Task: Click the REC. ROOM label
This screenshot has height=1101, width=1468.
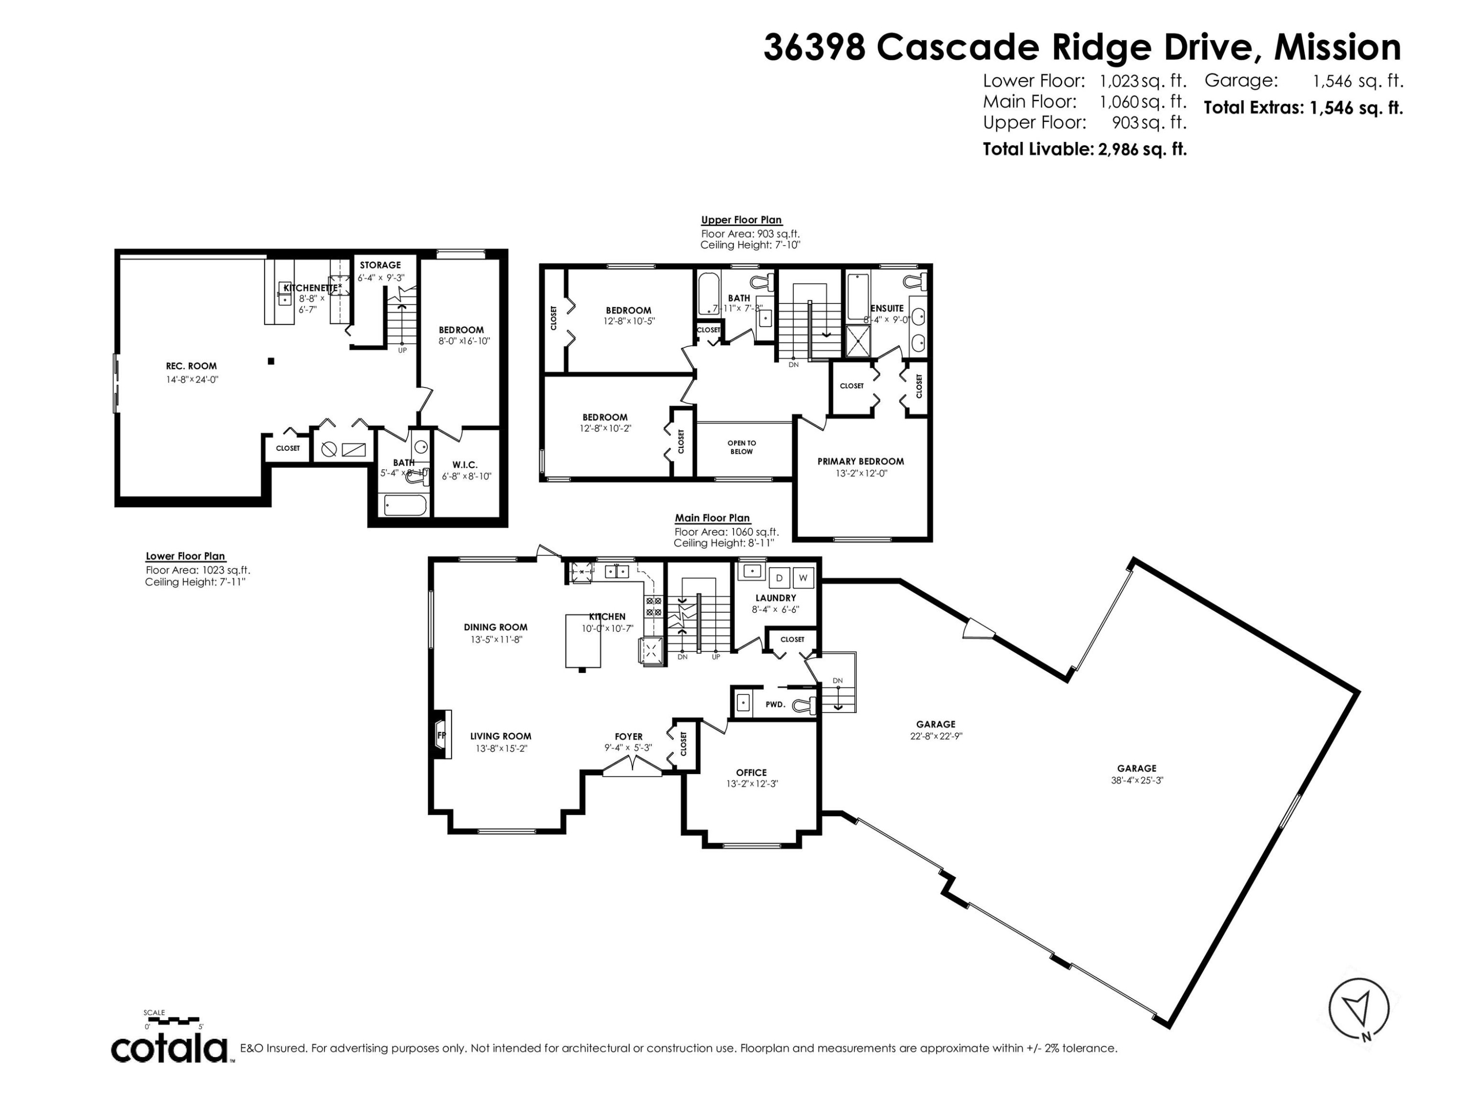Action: click(x=191, y=366)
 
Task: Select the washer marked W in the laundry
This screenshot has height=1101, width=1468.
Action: click(x=803, y=578)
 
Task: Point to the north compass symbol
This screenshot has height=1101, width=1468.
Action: click(x=1358, y=1009)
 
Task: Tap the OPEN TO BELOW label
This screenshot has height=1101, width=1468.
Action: click(x=741, y=447)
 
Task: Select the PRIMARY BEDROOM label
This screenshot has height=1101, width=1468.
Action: click(x=860, y=461)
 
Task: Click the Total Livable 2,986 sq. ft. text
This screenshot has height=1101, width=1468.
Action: click(x=1084, y=149)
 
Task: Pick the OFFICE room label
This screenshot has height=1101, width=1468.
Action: click(x=751, y=773)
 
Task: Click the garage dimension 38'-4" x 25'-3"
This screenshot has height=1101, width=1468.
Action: click(x=1137, y=780)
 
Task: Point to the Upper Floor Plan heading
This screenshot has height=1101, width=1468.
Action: click(x=741, y=220)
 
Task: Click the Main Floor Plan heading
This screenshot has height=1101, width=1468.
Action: click(x=712, y=518)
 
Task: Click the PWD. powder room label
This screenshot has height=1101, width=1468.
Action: click(x=775, y=704)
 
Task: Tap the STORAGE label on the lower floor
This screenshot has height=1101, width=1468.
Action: click(x=380, y=265)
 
